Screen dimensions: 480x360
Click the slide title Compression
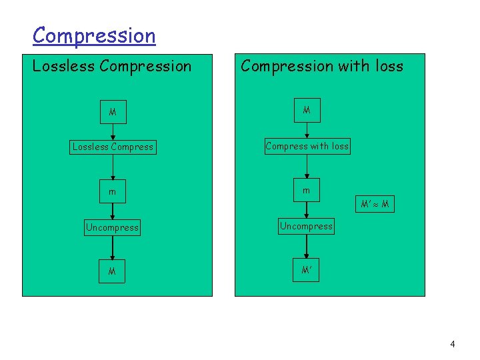click(x=94, y=35)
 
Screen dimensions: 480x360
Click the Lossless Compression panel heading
click(x=112, y=66)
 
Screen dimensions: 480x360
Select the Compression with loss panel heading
click(x=322, y=65)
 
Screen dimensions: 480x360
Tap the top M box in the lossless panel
click(x=113, y=112)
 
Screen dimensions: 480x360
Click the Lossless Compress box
click(x=113, y=147)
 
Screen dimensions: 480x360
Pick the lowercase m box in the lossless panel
click(x=113, y=192)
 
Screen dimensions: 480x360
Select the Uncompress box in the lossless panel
click(x=113, y=227)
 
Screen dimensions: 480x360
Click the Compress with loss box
click(x=307, y=146)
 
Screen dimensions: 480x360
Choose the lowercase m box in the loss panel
click(x=307, y=191)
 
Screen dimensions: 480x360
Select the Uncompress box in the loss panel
click(x=307, y=226)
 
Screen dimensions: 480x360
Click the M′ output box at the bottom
click(x=307, y=271)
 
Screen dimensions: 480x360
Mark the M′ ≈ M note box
click(x=374, y=203)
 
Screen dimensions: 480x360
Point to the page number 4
click(x=453, y=344)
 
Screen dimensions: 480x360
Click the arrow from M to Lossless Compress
click(x=113, y=131)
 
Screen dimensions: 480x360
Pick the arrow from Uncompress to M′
click(x=307, y=247)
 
